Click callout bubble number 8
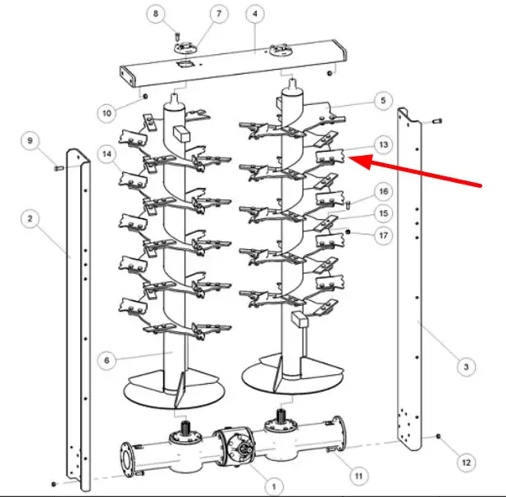(156, 14)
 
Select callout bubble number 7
(219, 14)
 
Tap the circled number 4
(255, 14)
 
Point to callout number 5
(383, 100)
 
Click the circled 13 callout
(383, 144)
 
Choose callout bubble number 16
(383, 191)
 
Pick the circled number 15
(383, 213)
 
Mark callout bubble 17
(383, 235)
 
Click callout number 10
(107, 113)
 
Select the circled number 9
(30, 141)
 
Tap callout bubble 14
(107, 154)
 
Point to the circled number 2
(30, 219)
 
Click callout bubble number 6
(107, 360)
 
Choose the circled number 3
(466, 367)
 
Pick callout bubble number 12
(467, 463)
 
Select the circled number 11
(359, 476)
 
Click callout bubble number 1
(274, 486)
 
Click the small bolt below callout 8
(177, 37)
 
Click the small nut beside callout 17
(348, 232)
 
